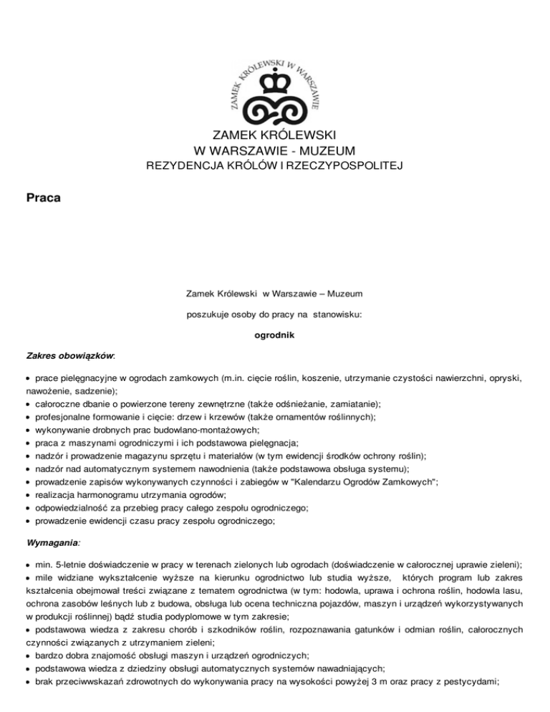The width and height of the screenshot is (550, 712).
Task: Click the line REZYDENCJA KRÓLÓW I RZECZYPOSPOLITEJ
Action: click(x=275, y=167)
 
